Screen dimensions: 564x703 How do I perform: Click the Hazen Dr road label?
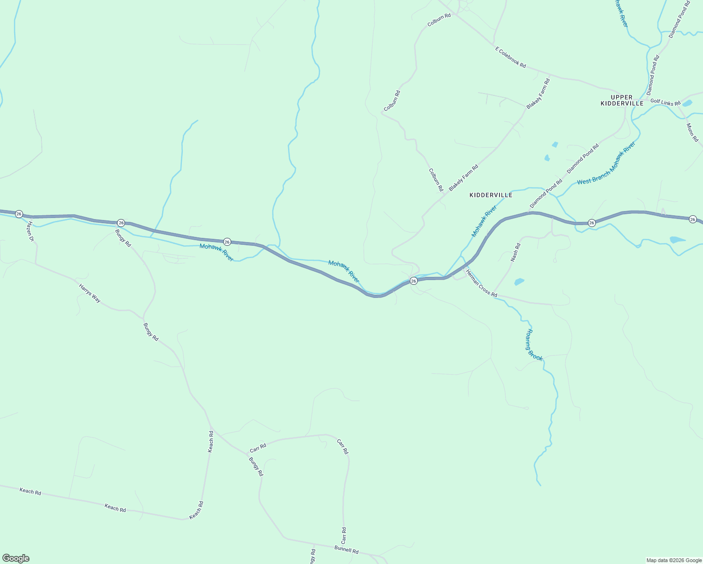pyautogui.click(x=31, y=231)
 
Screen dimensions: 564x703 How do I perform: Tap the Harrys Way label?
pyautogui.click(x=89, y=293)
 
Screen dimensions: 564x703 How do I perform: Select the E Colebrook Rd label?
pyautogui.click(x=510, y=57)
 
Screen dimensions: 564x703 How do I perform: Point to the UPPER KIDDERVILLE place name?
pyautogui.click(x=622, y=100)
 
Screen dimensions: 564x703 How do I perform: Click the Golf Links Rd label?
pyautogui.click(x=665, y=102)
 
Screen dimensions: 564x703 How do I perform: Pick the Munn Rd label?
pyautogui.click(x=692, y=133)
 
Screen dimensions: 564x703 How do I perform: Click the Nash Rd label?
pyautogui.click(x=516, y=252)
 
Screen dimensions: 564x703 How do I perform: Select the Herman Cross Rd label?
pyautogui.click(x=481, y=283)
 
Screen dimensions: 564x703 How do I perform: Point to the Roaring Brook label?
pyautogui.click(x=534, y=345)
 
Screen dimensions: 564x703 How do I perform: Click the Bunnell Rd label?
pyautogui.click(x=346, y=549)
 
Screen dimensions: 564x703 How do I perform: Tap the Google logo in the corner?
pyautogui.click(x=16, y=558)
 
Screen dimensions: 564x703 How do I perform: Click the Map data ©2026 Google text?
pyautogui.click(x=673, y=560)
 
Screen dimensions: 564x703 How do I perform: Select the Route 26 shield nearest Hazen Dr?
pyautogui.click(x=19, y=214)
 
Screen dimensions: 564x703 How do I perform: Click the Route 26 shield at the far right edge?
pyautogui.click(x=693, y=219)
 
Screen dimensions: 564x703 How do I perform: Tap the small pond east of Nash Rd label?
pyautogui.click(x=519, y=282)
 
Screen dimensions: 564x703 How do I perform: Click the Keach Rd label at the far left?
pyautogui.click(x=30, y=492)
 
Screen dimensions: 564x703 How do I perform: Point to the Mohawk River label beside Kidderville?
pyautogui.click(x=484, y=220)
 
